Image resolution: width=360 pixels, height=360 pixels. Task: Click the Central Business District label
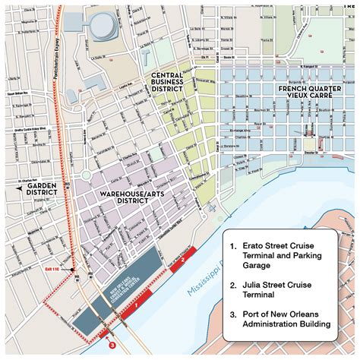point(166,82)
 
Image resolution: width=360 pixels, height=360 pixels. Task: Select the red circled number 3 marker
point(112,345)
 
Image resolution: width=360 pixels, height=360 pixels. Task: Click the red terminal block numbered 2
point(185,259)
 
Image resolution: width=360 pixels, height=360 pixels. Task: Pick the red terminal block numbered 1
point(135,307)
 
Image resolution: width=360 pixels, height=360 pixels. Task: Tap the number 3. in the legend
point(235,313)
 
